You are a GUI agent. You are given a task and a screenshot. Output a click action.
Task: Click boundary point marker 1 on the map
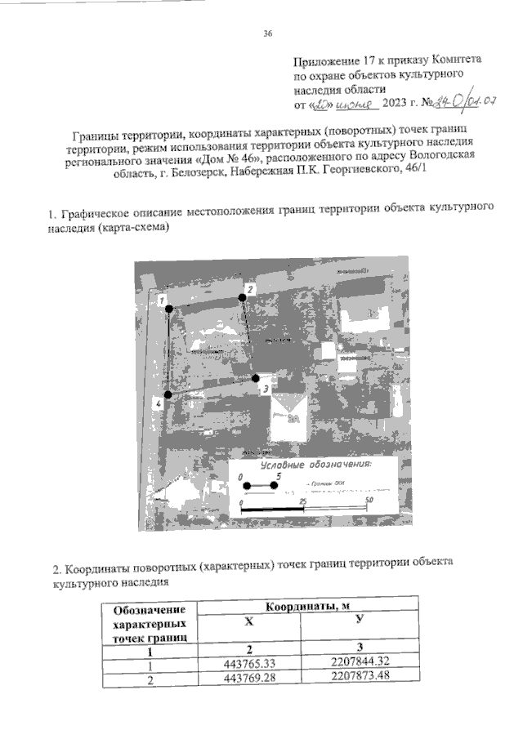pyautogui.click(x=169, y=309)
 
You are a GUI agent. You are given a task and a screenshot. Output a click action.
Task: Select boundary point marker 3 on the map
pyautogui.click(x=256, y=378)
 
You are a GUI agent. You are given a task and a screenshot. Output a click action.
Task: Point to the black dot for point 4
pyautogui.click(x=167, y=394)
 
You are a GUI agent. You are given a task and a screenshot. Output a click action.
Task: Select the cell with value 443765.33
pyautogui.click(x=250, y=664)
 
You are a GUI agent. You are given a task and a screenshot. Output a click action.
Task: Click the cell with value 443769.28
pyautogui.click(x=250, y=679)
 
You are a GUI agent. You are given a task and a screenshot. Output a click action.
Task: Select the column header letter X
pyautogui.click(x=249, y=622)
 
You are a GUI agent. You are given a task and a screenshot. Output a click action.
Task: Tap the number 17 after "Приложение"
pyautogui.click(x=369, y=60)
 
